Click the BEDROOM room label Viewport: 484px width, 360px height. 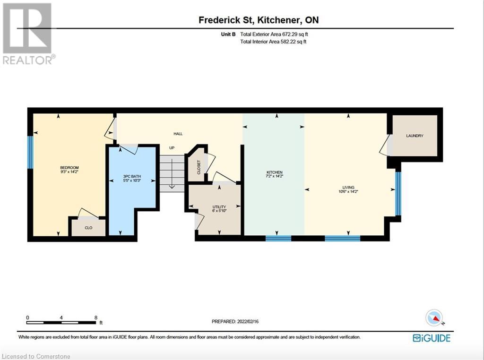point(69,168)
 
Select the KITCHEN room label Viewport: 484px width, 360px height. point(274,172)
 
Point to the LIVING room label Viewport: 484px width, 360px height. point(348,188)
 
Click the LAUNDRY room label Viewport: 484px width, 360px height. point(415,136)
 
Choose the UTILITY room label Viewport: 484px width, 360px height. point(219,207)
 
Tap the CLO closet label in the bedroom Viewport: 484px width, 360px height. point(88,228)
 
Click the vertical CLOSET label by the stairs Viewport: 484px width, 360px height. point(199,167)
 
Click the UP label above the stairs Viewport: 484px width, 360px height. point(172,148)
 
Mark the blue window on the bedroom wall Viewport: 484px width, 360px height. point(30,152)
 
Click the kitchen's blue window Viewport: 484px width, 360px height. point(278,238)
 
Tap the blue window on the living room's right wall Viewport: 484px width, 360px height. point(398,194)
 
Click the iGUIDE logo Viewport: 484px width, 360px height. point(431,338)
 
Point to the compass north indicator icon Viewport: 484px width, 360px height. point(434,317)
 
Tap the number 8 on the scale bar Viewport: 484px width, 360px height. point(95,317)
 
